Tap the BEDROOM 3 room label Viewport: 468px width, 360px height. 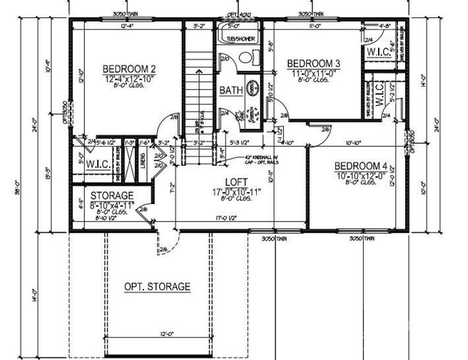click(x=313, y=64)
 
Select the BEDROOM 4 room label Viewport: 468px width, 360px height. click(x=361, y=166)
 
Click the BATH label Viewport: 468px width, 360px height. click(x=231, y=91)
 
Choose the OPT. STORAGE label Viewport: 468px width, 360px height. click(x=157, y=287)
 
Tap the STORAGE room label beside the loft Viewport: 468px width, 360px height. click(x=112, y=196)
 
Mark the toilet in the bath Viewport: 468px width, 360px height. click(x=244, y=60)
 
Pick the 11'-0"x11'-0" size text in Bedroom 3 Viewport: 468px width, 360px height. click(x=313, y=73)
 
